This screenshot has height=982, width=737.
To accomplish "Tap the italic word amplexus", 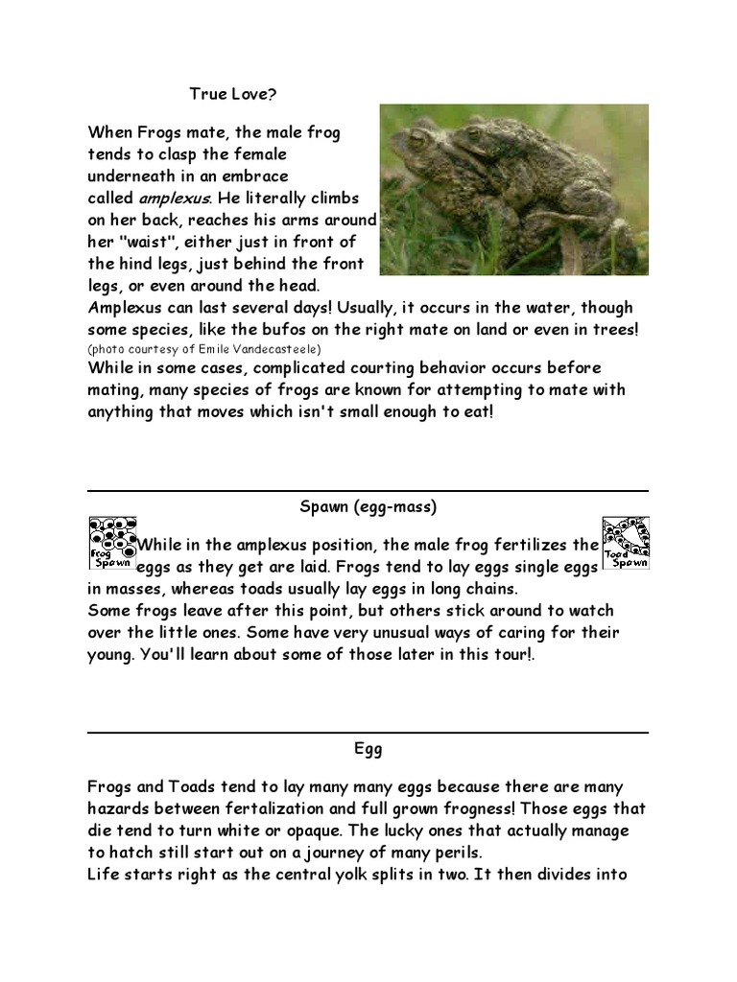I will point(174,199).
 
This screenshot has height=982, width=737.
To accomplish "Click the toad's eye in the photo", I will point(419,139).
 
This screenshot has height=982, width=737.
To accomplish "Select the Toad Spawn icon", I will point(625,544).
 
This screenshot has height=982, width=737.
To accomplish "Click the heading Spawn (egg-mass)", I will point(368,505).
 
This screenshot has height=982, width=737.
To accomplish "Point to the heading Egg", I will point(368,744).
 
